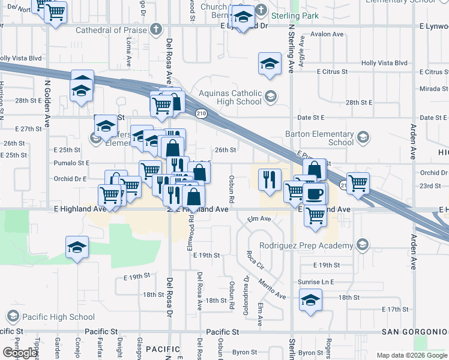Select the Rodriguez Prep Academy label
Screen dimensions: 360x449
point(306,245)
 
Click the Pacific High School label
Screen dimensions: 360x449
point(58,317)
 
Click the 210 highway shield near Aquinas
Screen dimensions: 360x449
point(200,112)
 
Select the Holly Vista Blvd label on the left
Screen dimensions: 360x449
point(21,58)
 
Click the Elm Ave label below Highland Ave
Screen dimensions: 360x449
point(259,219)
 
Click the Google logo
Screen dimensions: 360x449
point(19,353)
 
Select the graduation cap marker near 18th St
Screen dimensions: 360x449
point(310,301)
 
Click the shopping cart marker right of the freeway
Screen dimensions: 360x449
point(358,182)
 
